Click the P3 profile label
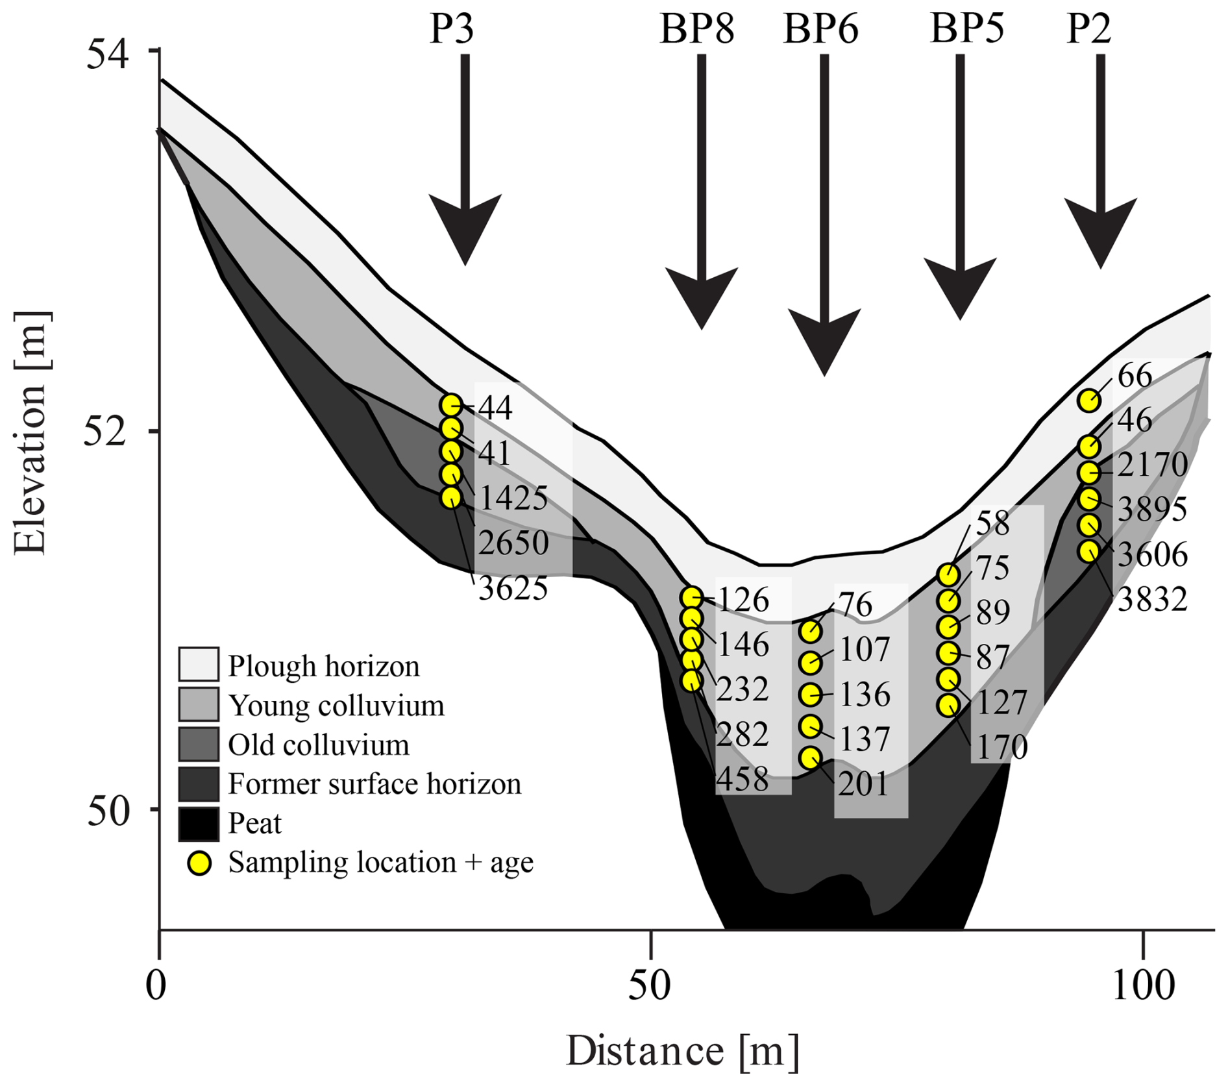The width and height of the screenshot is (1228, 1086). tap(452, 29)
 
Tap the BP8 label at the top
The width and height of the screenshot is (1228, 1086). tap(697, 29)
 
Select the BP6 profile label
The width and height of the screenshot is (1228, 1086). tap(821, 29)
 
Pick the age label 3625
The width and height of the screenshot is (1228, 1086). tap(513, 589)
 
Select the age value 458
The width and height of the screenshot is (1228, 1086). tap(743, 779)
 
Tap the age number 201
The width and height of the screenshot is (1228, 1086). tap(863, 784)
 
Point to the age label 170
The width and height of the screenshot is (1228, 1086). tap(1002, 747)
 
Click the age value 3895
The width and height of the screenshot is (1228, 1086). tap(1152, 510)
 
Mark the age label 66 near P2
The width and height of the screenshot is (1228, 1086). tap(1135, 376)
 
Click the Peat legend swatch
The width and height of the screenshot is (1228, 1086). tap(199, 824)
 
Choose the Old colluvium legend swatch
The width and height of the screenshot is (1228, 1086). tap(199, 745)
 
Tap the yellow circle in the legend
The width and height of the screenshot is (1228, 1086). tap(199, 863)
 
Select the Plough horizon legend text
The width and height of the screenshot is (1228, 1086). tap(323, 667)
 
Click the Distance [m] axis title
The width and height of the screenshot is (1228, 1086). tap(682, 1050)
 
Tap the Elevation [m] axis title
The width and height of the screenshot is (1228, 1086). tap(31, 433)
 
